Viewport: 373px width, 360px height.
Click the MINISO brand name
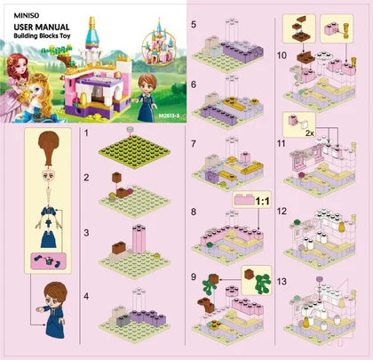coord(27,15)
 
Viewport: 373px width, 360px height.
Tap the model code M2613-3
coord(169,116)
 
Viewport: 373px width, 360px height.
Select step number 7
coord(194,144)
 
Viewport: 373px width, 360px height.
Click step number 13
coord(282,281)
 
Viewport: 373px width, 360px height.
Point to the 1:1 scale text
coord(262,202)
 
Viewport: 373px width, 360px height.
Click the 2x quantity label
coord(309,133)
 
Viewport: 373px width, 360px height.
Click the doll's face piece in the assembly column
coord(48,176)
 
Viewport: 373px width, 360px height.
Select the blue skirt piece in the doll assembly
coord(48,239)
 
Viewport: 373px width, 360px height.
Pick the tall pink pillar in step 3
coord(139,239)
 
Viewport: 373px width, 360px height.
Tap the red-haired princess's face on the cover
coord(20,68)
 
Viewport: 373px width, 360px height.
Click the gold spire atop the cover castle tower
coord(92,23)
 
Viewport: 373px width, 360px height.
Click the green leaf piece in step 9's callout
coord(263,283)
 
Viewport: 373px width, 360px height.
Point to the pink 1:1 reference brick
coord(244,200)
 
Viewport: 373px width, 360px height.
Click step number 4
coord(86,296)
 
